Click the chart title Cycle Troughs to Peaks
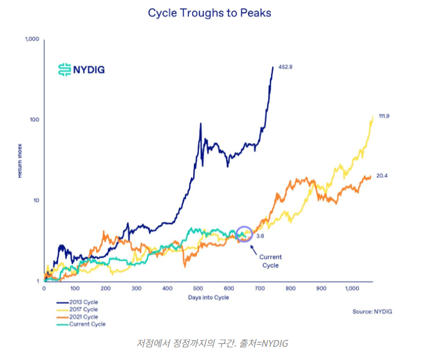tap(209, 12)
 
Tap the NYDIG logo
tap(81, 69)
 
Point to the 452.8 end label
tap(285, 67)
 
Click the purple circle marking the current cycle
tap(244, 234)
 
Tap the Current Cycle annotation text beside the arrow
tap(270, 261)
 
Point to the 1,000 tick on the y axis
tap(31, 39)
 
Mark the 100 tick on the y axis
tap(34, 120)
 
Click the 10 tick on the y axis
tap(36, 200)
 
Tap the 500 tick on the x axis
tap(198, 289)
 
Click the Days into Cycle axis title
tap(209, 298)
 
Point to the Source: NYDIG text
tap(373, 312)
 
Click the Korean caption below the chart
tap(213, 343)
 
